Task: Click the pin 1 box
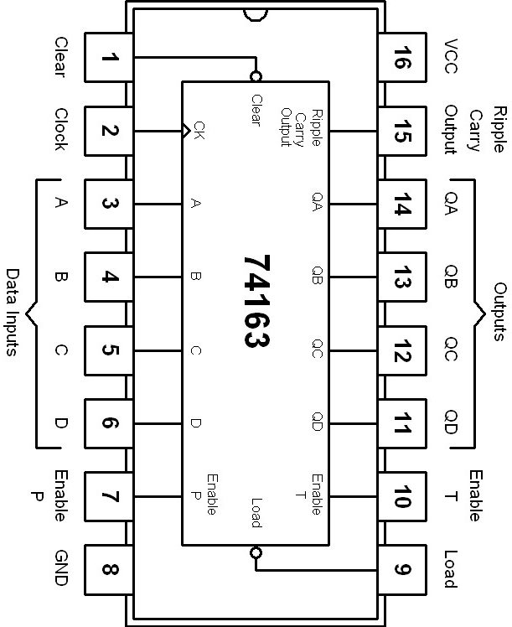coord(109,59)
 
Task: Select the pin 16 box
coord(402,59)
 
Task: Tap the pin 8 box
coord(109,570)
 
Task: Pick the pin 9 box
coord(402,570)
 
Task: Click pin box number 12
coord(402,351)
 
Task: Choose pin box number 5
coord(109,351)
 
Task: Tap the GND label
coord(60,570)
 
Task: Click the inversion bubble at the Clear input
coord(256,75)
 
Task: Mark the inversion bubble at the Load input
coord(256,552)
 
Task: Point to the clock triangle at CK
coord(187,130)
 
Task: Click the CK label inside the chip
coord(199,130)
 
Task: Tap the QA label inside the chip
coord(317,204)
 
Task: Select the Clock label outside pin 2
coord(60,130)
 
